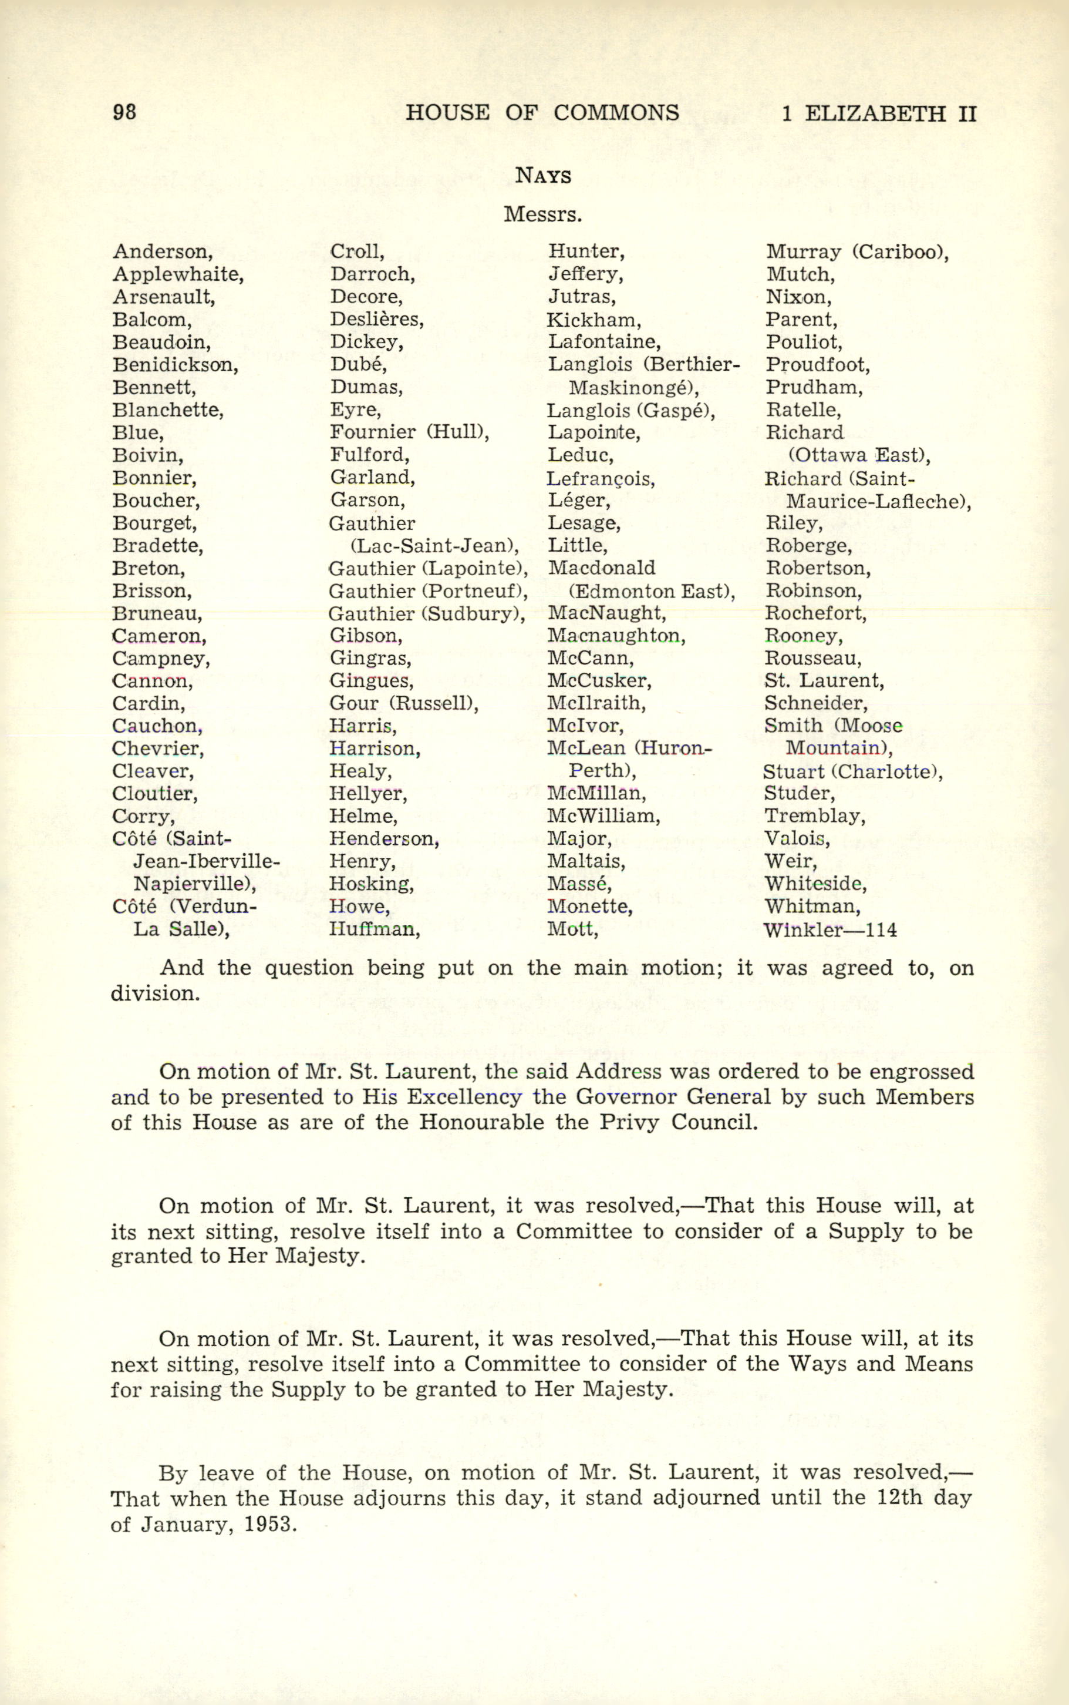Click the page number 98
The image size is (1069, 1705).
click(124, 112)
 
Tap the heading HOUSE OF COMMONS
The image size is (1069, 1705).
click(542, 112)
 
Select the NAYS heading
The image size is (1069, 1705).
click(543, 176)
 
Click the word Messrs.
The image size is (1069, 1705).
click(542, 214)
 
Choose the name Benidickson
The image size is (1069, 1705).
click(174, 365)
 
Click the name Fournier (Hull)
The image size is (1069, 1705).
click(409, 432)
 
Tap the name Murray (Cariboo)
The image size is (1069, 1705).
click(857, 252)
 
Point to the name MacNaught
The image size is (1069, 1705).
click(606, 613)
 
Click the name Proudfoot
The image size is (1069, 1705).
click(817, 365)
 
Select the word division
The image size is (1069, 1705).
click(154, 994)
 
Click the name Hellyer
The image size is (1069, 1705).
click(367, 794)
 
